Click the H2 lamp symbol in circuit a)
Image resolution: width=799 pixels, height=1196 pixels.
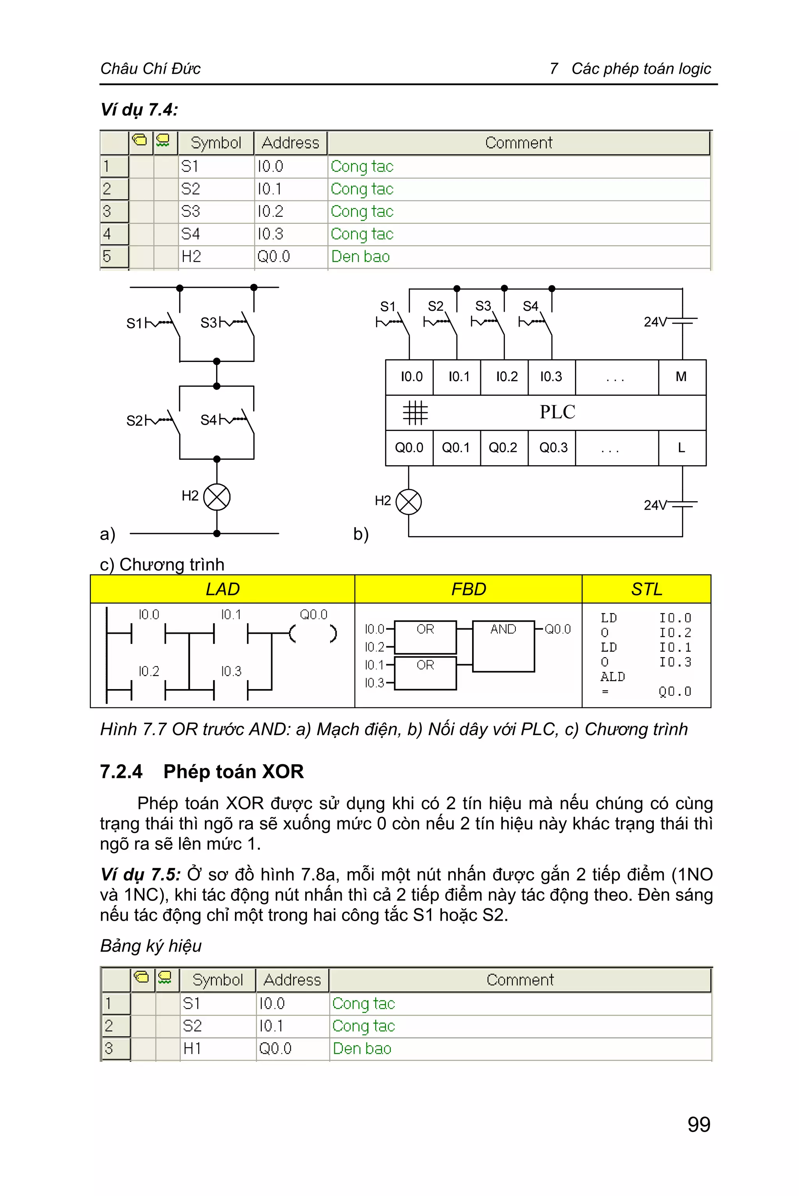(x=217, y=497)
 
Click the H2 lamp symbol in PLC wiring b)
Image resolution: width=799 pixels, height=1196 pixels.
(x=409, y=502)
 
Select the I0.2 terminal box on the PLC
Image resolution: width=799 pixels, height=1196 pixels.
(x=506, y=377)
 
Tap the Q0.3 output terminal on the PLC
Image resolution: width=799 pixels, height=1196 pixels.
(x=553, y=448)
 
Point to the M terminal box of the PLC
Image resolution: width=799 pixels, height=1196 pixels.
(x=681, y=377)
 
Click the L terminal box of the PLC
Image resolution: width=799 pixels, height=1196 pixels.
(x=681, y=448)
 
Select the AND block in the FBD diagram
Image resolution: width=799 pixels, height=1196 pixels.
(x=503, y=646)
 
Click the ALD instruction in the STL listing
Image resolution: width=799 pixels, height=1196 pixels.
(x=613, y=677)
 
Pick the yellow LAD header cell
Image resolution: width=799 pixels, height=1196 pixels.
(x=223, y=589)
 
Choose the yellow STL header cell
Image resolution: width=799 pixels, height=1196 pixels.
(x=646, y=589)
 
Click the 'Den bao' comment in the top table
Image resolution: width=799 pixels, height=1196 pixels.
(x=360, y=257)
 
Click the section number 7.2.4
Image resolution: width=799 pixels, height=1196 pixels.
(x=121, y=772)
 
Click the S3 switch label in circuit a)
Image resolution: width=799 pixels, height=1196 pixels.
(x=208, y=323)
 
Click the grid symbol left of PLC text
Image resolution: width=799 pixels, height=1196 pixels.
(x=415, y=412)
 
